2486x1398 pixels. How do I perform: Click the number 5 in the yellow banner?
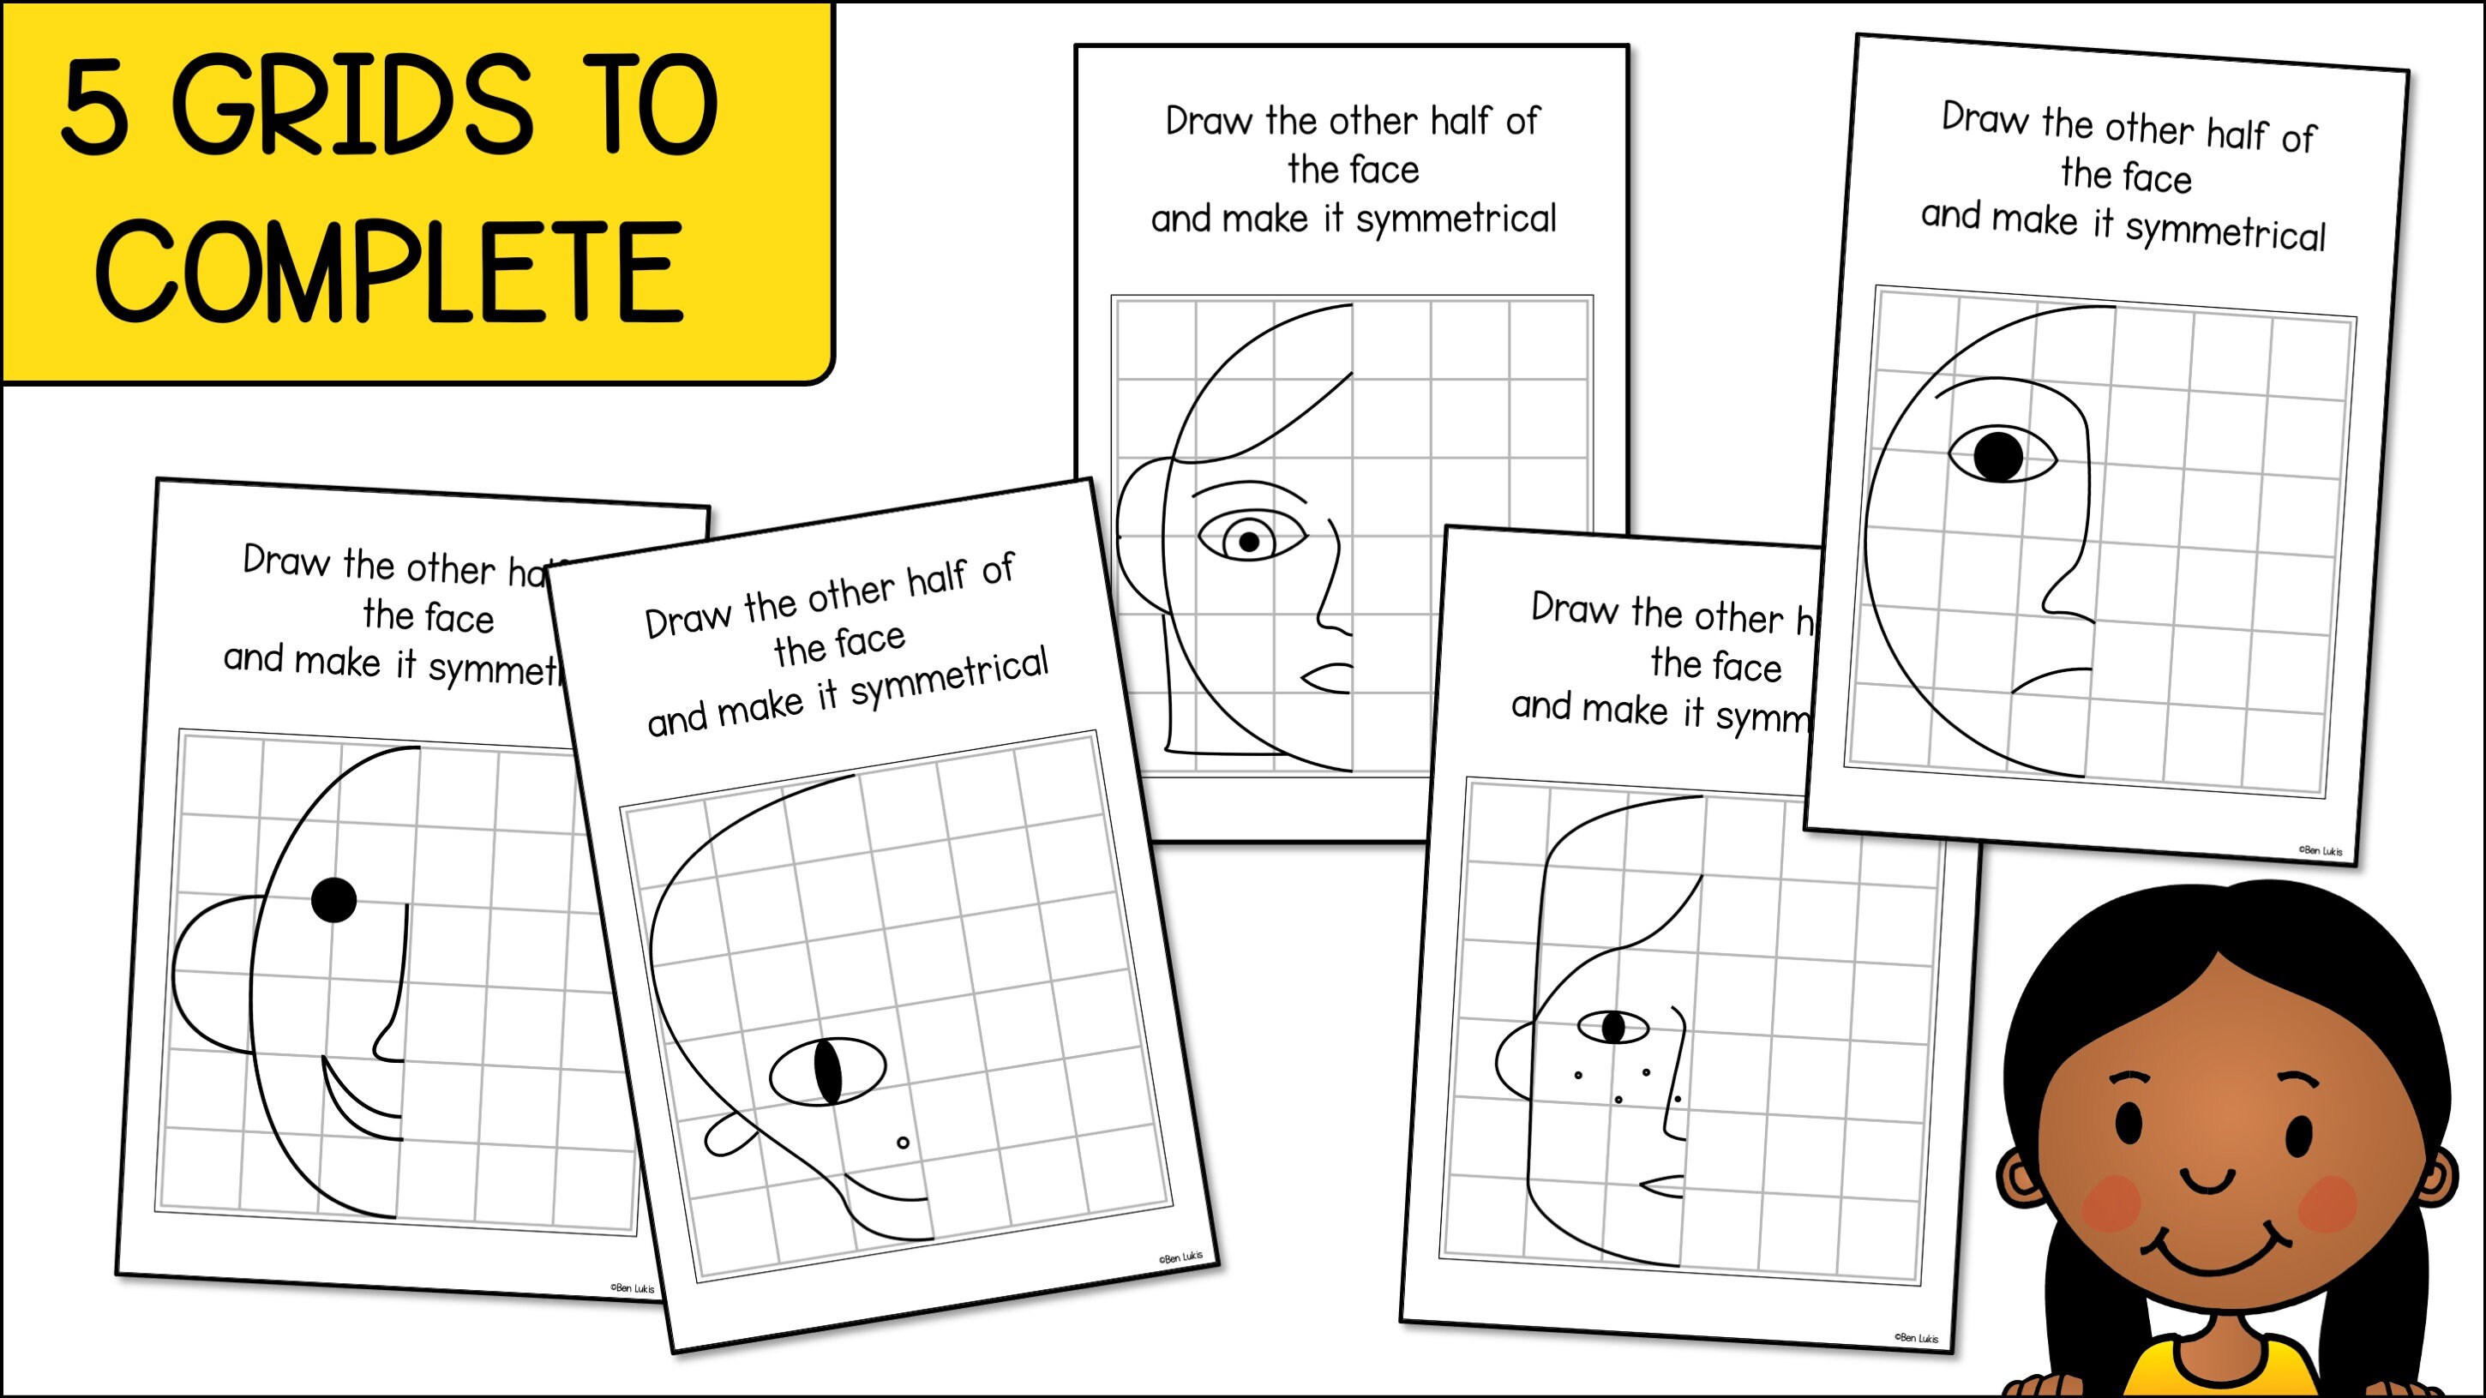click(x=94, y=105)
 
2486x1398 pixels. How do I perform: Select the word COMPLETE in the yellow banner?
click(x=390, y=271)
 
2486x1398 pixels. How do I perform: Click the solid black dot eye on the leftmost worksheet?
click(x=335, y=900)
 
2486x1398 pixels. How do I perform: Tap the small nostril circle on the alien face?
click(x=904, y=1143)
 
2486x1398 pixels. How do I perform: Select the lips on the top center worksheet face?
click(x=1330, y=677)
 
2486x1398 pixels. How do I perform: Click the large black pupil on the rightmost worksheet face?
click(x=1997, y=455)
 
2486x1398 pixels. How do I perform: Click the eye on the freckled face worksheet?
click(x=1613, y=1027)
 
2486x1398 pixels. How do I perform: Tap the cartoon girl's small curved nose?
click(x=2208, y=1179)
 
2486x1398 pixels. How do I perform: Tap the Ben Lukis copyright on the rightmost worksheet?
click(x=2320, y=851)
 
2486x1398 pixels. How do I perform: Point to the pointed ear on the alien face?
click(x=728, y=1135)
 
